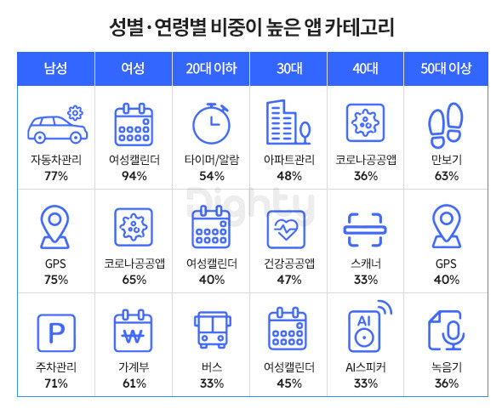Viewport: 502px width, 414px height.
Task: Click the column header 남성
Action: click(55, 69)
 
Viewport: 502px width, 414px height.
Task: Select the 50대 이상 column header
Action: click(446, 69)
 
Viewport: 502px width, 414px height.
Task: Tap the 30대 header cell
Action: click(289, 69)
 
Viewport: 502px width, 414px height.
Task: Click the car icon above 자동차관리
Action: click(58, 124)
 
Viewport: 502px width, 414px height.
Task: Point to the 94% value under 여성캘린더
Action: click(134, 176)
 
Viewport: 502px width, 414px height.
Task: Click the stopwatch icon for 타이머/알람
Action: click(211, 123)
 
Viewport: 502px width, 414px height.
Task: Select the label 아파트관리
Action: click(289, 159)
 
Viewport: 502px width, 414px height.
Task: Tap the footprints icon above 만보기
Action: click(446, 125)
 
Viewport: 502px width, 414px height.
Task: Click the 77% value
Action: click(56, 176)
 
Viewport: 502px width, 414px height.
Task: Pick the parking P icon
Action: click(56, 332)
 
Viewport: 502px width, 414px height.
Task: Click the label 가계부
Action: click(134, 367)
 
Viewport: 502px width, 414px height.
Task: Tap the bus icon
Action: click(212, 330)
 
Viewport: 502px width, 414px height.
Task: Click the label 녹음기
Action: click(447, 367)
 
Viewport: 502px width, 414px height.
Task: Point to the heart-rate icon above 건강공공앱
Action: click(286, 229)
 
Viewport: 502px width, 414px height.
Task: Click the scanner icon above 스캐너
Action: click(365, 230)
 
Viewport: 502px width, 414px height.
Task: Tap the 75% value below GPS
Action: click(56, 280)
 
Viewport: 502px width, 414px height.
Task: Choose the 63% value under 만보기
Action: click(447, 176)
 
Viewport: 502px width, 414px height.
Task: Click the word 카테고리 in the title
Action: click(359, 27)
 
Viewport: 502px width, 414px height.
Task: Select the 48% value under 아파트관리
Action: click(289, 176)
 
